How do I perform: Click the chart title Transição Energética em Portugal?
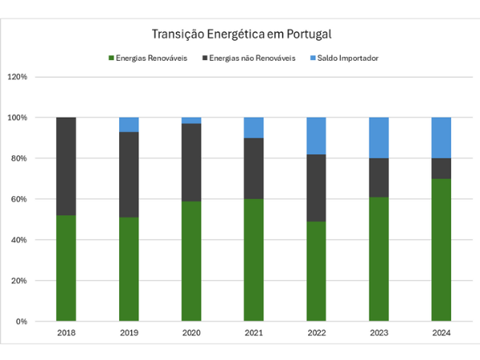(x=241, y=34)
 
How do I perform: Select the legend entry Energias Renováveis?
(x=152, y=58)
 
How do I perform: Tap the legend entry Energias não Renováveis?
(x=252, y=58)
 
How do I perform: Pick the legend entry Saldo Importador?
(x=348, y=58)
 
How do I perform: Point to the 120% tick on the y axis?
(x=18, y=78)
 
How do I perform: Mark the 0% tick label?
(x=21, y=322)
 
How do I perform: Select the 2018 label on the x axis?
(x=66, y=333)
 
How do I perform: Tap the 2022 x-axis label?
(x=316, y=333)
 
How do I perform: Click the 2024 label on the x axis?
(x=441, y=333)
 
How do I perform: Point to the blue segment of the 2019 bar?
(x=129, y=125)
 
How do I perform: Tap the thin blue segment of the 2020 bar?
(x=191, y=121)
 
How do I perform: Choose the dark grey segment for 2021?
(x=254, y=169)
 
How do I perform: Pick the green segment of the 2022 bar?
(x=316, y=271)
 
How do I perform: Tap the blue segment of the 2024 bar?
(x=441, y=138)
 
